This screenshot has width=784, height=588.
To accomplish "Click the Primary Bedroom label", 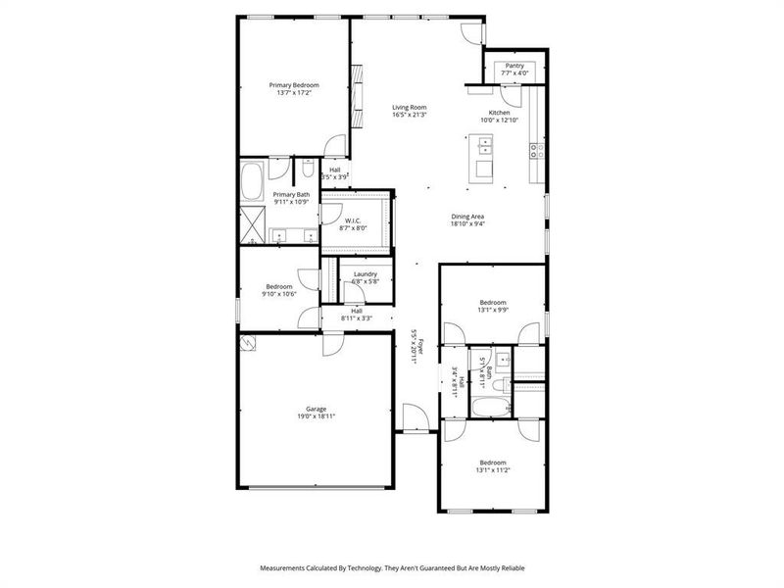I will (x=294, y=85).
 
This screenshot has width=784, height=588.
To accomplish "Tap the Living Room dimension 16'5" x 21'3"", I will (x=410, y=116).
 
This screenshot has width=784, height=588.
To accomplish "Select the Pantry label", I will (x=514, y=66).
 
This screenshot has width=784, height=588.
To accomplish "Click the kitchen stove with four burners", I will (x=536, y=150).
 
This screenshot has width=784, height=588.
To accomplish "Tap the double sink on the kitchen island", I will (x=484, y=148).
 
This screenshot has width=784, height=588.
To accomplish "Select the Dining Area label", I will (x=467, y=217).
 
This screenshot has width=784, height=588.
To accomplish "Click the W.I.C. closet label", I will (x=353, y=220).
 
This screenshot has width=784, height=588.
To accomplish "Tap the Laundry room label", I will (x=366, y=274).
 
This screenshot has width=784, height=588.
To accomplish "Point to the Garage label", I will (x=316, y=409).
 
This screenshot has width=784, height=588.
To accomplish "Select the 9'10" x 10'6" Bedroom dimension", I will (x=279, y=294).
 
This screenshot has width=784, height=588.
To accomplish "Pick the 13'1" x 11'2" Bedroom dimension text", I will (x=492, y=469).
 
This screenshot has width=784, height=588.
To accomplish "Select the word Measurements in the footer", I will (x=284, y=567).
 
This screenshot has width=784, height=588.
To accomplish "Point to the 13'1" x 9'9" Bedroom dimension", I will (x=492, y=310).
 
